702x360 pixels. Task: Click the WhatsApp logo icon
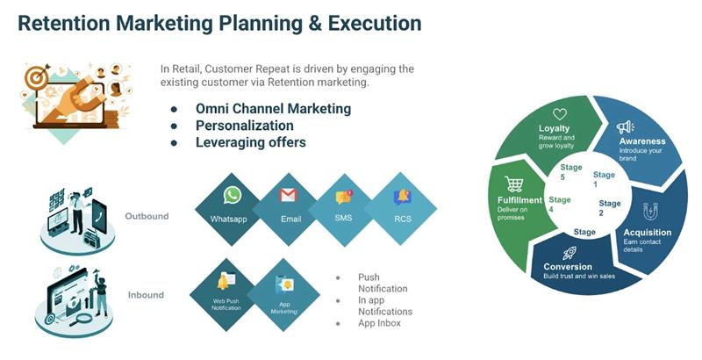tap(233, 195)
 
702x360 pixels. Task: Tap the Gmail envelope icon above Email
tap(289, 195)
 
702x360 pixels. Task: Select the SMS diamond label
tap(343, 218)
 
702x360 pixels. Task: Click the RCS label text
tap(403, 219)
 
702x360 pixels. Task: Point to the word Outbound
tap(147, 216)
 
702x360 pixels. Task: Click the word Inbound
tap(146, 295)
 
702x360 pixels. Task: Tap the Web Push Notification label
tap(226, 305)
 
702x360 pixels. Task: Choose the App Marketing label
tap(284, 307)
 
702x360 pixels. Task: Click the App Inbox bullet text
tap(379, 323)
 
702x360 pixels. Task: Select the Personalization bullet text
tap(245, 126)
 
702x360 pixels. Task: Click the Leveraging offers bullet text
tap(251, 142)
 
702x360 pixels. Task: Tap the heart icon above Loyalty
tap(560, 114)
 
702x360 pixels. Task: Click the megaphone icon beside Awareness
tap(625, 127)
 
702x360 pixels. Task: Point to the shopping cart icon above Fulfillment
tap(514, 184)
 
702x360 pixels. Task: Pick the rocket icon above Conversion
tap(569, 254)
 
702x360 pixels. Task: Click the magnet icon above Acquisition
tap(650, 212)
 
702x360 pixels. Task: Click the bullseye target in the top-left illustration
tap(36, 77)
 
